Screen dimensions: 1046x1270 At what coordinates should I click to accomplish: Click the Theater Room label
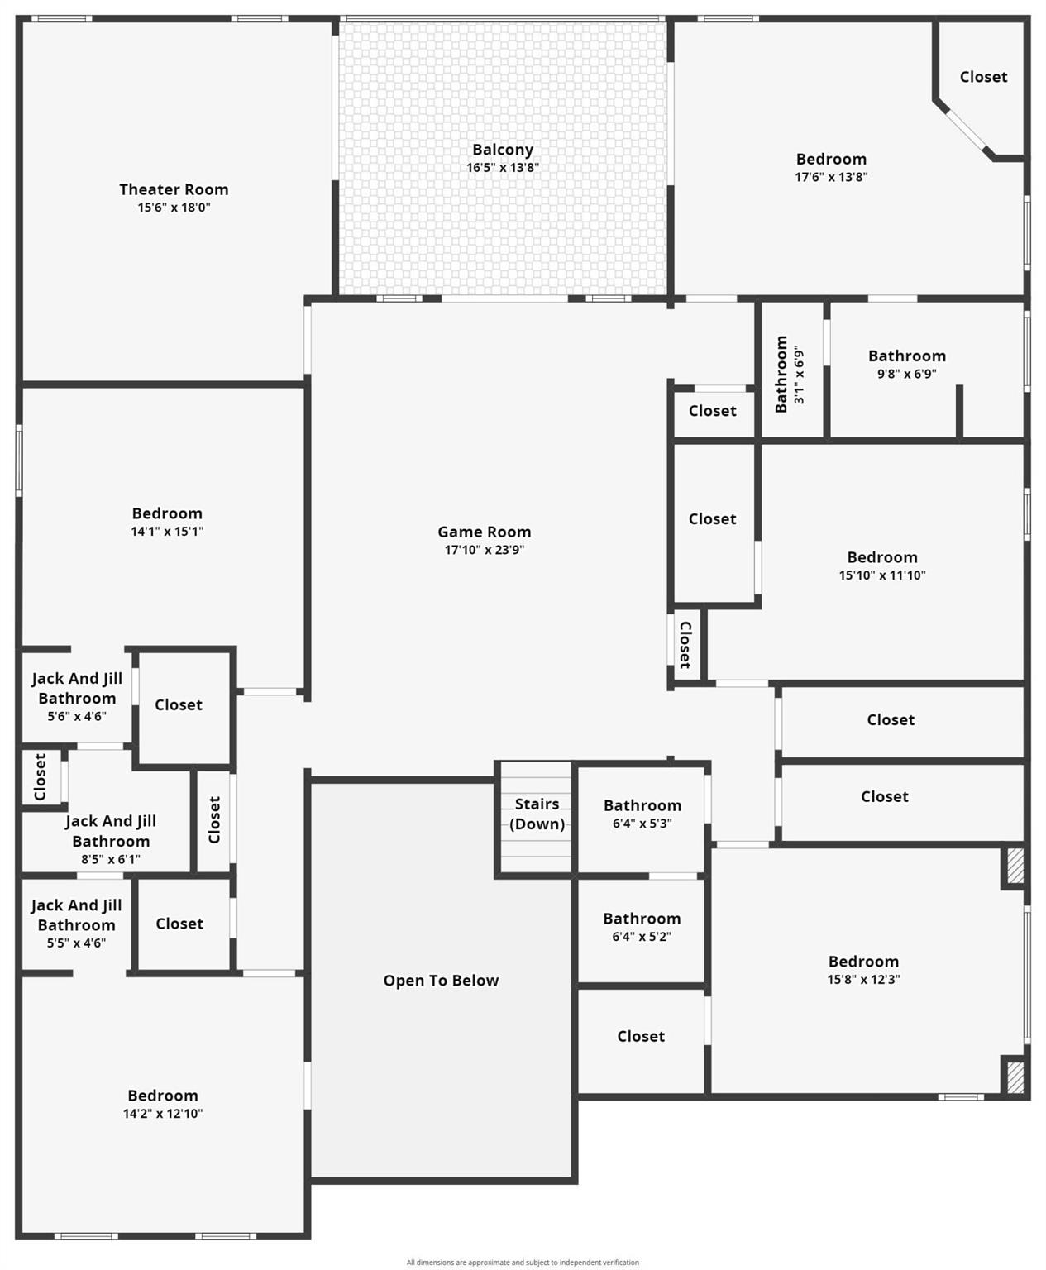174,190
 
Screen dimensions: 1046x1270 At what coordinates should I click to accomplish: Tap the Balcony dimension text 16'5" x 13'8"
503,167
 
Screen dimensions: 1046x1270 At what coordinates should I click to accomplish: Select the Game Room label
485,532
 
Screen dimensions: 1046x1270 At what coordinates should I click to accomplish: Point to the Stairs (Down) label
537,814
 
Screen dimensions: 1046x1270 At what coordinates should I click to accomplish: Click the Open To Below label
442,981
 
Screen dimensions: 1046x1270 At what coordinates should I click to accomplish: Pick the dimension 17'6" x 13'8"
831,177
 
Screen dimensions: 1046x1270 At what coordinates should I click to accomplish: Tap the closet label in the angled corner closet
983,77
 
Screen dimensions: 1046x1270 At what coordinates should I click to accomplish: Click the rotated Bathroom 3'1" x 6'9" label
790,374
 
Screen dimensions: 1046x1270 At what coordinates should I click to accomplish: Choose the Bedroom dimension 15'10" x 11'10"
882,575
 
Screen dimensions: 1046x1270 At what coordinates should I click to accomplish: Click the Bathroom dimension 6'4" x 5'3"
642,824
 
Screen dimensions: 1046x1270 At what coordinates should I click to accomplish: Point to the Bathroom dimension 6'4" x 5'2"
642,937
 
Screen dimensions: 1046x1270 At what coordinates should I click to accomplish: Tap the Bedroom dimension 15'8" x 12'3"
863,979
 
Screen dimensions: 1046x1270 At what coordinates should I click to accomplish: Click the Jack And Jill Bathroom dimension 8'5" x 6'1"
111,859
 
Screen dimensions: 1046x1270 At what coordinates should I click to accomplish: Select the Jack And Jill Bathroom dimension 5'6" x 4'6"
77,717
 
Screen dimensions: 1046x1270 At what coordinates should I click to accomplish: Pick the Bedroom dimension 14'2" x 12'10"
162,1114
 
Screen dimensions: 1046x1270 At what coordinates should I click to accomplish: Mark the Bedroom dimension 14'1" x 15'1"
167,532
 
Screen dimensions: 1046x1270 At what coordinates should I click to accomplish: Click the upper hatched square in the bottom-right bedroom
1015,866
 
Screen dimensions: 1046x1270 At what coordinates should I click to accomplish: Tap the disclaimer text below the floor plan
523,1262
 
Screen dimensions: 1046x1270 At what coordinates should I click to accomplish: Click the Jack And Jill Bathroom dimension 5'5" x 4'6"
76,943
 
